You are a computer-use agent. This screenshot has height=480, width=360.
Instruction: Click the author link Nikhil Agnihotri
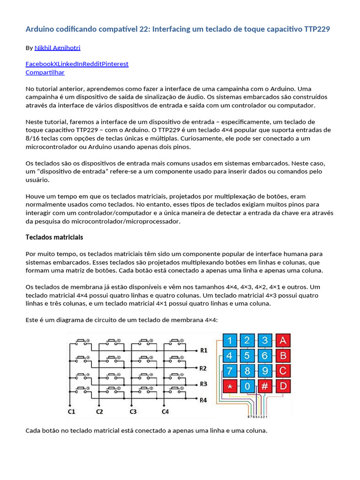click(60, 48)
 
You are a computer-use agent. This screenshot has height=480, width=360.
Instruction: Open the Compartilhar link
click(45, 72)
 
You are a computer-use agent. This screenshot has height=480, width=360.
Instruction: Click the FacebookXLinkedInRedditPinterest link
click(77, 64)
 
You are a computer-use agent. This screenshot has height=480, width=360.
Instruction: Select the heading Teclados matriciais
click(54, 237)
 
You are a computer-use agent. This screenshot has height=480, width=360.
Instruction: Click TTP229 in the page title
click(317, 29)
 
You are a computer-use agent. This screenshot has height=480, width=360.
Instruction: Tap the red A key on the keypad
click(283, 340)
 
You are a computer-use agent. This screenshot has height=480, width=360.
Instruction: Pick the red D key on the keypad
click(283, 386)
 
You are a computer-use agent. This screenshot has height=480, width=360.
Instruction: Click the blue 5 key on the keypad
click(248, 356)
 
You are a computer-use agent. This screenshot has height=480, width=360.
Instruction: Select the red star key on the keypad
click(230, 386)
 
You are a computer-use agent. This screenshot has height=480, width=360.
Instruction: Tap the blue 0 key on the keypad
click(248, 386)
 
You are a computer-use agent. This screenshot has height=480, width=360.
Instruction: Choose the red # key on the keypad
click(265, 386)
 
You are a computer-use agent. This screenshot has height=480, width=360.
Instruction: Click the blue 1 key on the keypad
click(230, 340)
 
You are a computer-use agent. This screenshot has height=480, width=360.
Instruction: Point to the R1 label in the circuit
click(203, 350)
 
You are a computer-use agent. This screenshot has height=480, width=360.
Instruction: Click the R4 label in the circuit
click(203, 400)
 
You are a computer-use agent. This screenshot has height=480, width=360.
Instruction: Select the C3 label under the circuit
click(133, 412)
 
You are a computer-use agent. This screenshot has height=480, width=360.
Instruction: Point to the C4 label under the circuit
click(165, 412)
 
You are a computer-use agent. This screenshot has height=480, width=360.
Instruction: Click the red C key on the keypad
click(283, 371)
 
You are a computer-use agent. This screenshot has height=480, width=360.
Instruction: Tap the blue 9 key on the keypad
click(265, 371)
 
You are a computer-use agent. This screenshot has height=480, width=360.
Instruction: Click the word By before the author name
click(29, 48)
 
